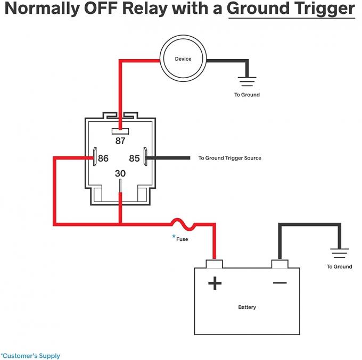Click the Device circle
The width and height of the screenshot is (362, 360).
[183, 59]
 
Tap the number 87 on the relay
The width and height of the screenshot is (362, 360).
[121, 141]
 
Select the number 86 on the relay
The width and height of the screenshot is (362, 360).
[102, 158]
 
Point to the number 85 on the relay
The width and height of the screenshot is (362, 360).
[134, 158]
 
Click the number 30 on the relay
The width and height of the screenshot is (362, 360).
[121, 173]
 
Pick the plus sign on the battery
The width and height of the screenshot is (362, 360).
[215, 283]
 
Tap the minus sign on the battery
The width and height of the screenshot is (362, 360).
[279, 282]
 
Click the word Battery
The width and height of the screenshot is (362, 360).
[247, 307]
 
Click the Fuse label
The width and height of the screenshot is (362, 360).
[182, 239]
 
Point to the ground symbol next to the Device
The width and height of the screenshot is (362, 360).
[247, 81]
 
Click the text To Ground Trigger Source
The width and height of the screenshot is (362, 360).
[229, 158]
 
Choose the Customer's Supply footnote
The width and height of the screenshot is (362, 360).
[30, 356]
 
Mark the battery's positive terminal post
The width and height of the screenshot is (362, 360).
[215, 264]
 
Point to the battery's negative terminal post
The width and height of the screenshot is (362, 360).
[279, 264]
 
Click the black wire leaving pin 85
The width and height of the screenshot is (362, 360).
[170, 158]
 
